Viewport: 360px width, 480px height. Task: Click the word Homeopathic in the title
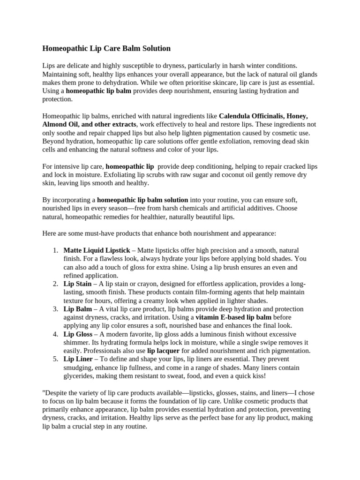64,48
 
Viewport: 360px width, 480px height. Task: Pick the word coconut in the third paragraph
218,174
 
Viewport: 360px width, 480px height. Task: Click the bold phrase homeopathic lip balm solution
142,199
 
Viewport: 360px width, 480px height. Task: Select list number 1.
55,250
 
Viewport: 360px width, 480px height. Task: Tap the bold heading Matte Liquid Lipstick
97,250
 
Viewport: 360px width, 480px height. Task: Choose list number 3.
55,309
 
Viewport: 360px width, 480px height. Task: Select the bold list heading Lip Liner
78,359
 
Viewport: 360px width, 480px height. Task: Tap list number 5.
55,359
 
